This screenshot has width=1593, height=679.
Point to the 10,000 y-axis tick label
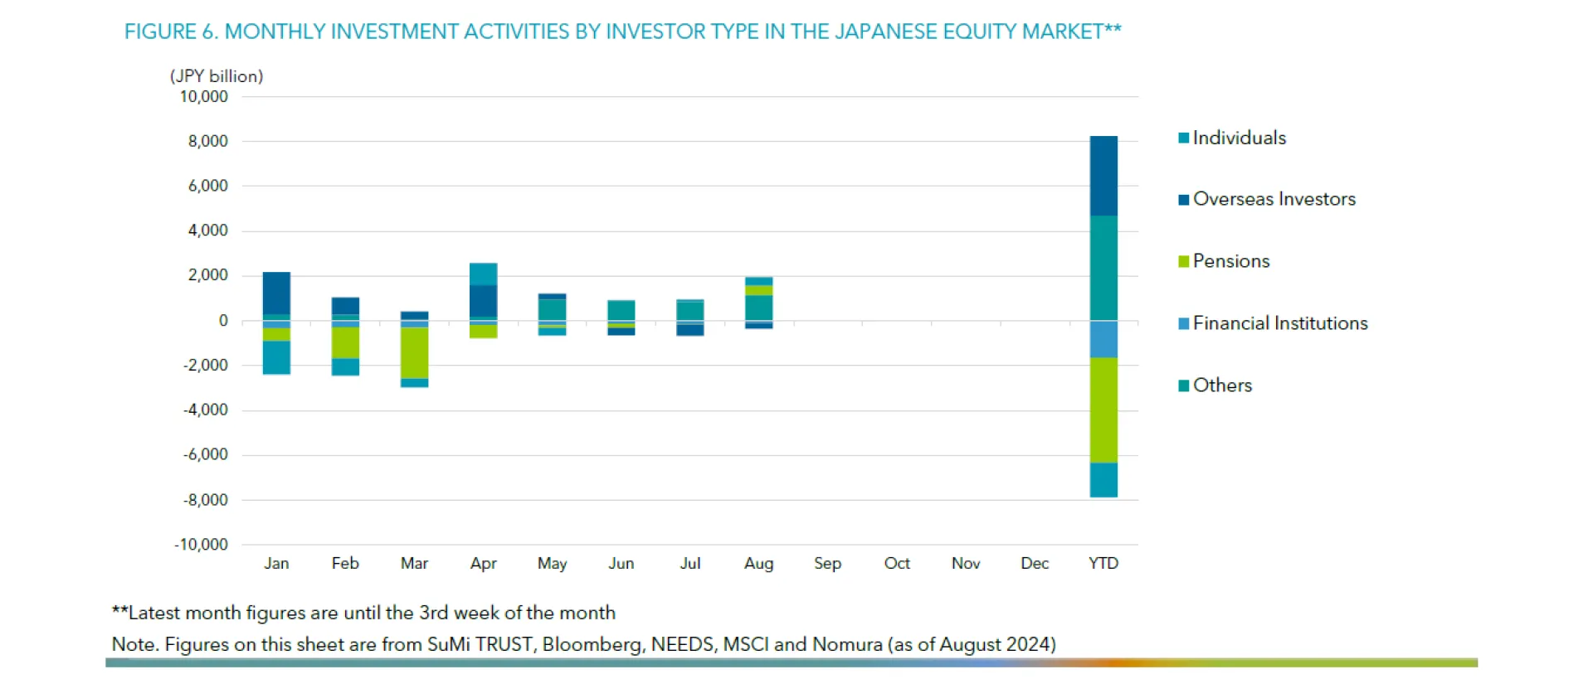coord(203,97)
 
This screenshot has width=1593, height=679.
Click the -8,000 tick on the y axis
coord(205,500)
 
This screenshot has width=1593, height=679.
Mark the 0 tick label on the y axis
coord(223,321)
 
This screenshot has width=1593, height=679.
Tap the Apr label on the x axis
coord(483,564)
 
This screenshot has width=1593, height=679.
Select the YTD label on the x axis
coord(1103,564)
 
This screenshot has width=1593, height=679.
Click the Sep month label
coord(827,564)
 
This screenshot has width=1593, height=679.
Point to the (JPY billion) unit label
coord(217,76)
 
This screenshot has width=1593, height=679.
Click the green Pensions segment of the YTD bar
coord(1103,410)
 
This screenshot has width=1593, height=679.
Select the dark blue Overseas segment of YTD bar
coord(1103,176)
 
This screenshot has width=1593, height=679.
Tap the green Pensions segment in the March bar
coord(414,353)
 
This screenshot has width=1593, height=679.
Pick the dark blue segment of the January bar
coord(276,293)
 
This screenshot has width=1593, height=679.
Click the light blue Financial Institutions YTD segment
coord(1103,339)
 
